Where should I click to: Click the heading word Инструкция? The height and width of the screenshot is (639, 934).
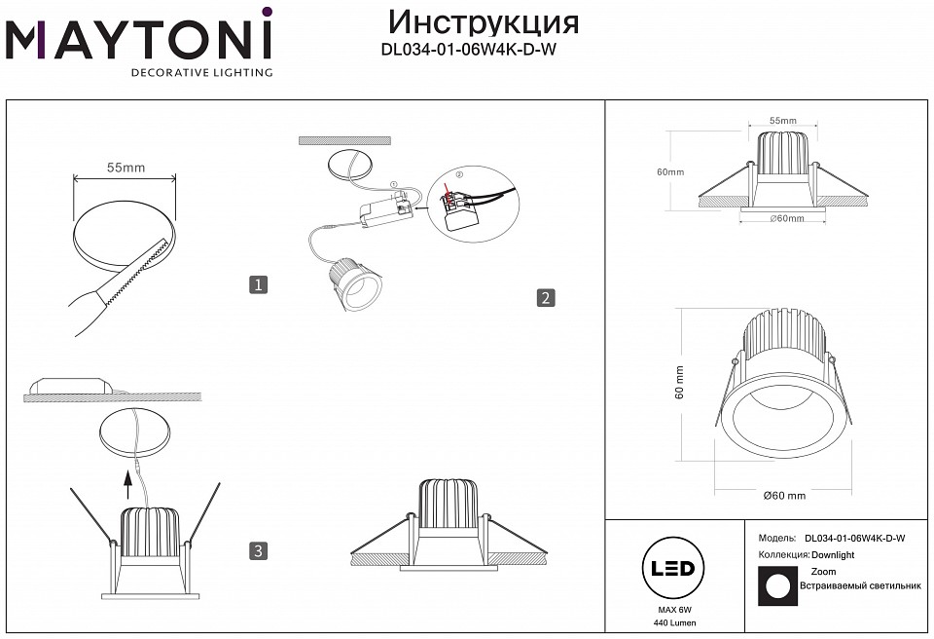click(483, 21)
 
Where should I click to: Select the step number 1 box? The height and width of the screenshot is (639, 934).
click(258, 284)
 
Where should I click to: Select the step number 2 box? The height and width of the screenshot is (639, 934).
click(546, 298)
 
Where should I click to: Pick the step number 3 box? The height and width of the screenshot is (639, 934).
click(258, 551)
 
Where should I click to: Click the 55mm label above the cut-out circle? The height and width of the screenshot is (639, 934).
click(126, 168)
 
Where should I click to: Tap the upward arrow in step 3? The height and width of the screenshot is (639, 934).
click(126, 477)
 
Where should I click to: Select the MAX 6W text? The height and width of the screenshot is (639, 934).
click(666, 609)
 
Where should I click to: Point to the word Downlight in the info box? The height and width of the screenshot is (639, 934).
click(833, 554)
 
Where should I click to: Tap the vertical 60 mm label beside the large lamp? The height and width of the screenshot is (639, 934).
click(680, 381)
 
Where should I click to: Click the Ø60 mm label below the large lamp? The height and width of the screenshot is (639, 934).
click(784, 496)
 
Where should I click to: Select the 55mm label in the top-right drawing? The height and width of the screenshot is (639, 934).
click(782, 121)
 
